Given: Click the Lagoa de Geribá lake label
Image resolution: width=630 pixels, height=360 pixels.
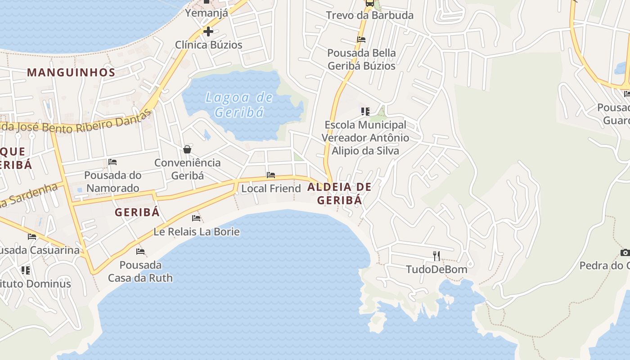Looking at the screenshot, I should [239, 104].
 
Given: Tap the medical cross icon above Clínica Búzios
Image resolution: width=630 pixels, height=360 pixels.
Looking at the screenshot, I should [208, 31].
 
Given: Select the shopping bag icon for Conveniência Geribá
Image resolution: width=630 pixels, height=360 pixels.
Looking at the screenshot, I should [187, 149].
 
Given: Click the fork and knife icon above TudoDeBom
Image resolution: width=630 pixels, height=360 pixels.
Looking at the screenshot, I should [436, 256].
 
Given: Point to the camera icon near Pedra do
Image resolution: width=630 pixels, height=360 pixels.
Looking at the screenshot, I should [625, 252].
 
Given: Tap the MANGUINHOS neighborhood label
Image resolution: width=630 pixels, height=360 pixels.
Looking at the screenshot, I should [71, 72].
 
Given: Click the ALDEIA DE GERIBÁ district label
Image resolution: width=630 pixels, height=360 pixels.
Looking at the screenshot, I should [340, 193].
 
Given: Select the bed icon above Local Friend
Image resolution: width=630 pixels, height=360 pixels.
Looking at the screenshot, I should [271, 175].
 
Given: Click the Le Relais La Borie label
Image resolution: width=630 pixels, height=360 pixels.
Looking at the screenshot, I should [197, 232].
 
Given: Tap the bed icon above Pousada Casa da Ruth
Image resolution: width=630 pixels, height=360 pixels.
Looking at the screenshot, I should [140, 252].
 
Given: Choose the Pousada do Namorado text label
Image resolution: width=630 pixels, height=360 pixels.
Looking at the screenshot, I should [113, 181].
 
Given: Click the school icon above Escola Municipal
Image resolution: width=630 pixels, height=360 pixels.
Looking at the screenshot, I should [365, 111].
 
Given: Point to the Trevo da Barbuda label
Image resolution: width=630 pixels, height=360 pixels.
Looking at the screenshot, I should [369, 15].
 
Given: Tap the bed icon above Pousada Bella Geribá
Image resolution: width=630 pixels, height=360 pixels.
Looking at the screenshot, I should [361, 40].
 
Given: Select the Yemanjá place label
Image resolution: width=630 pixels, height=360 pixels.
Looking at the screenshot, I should [207, 13].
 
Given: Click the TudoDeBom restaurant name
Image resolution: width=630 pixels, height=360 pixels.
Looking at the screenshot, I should [436, 270].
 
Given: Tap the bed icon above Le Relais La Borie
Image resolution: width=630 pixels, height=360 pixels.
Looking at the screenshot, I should [196, 218].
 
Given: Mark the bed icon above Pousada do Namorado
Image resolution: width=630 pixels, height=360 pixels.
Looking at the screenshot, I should [112, 162].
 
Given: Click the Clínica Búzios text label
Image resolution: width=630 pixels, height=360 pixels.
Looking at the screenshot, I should [208, 45].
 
